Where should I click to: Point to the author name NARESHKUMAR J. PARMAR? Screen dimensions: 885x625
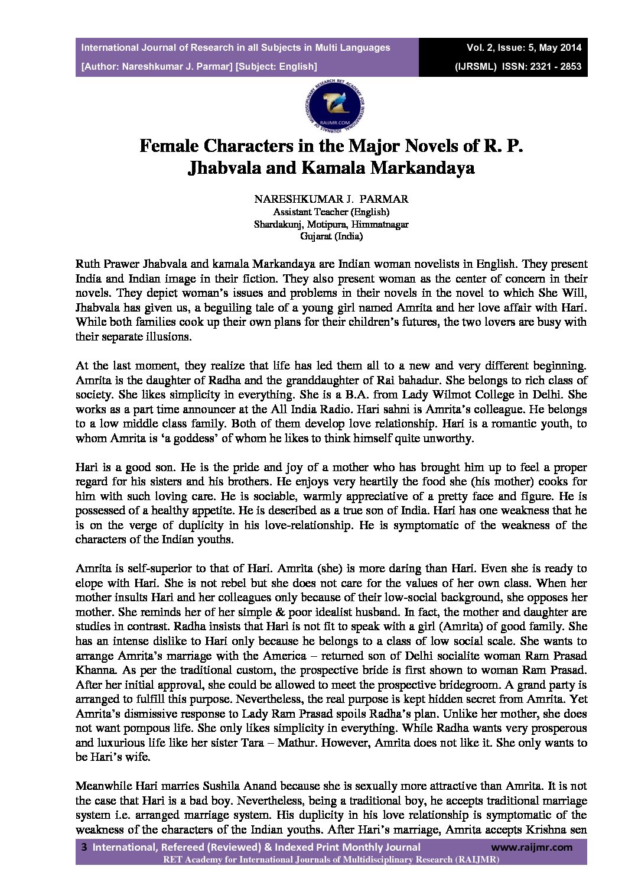tap(331, 199)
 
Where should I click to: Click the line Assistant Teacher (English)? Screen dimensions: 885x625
tap(331, 212)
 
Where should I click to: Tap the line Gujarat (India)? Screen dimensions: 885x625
tap(331, 236)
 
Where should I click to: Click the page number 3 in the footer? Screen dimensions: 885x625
tap(84, 847)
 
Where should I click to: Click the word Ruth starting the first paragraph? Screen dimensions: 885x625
tap(87, 264)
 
